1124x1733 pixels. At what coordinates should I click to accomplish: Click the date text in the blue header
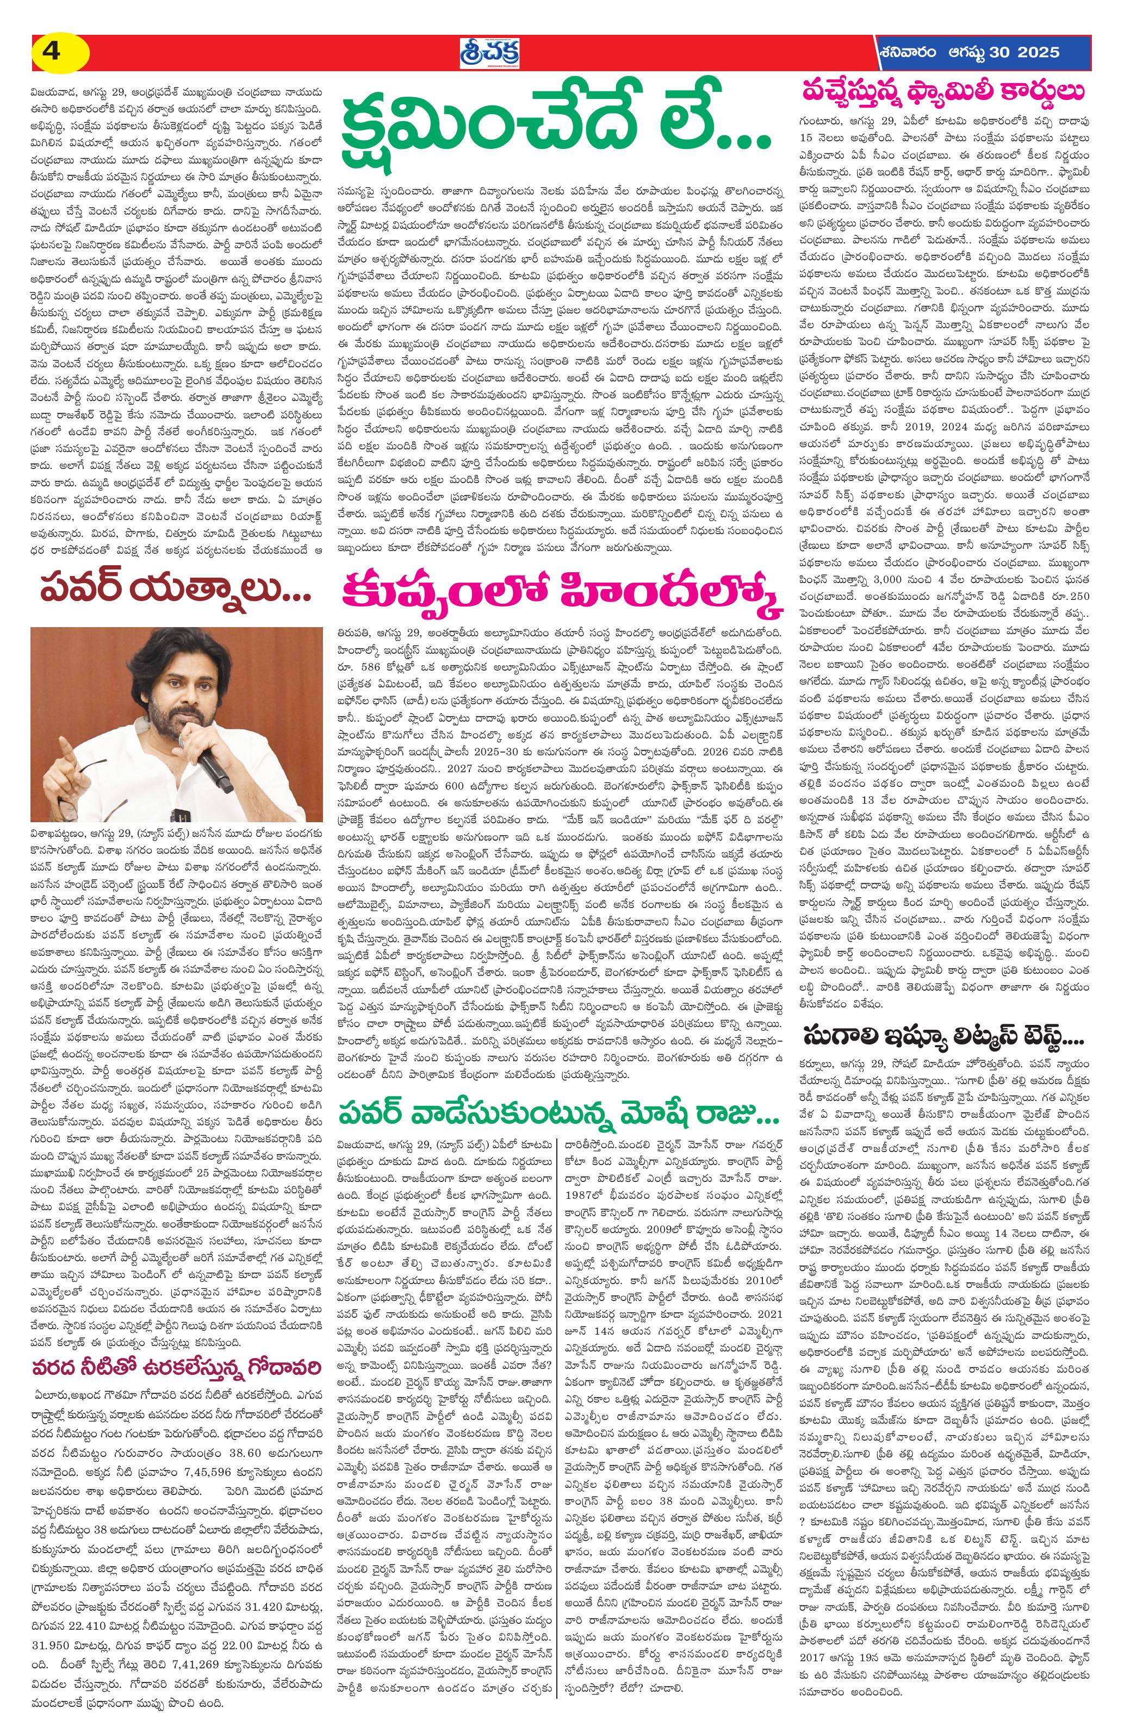tap(969, 52)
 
